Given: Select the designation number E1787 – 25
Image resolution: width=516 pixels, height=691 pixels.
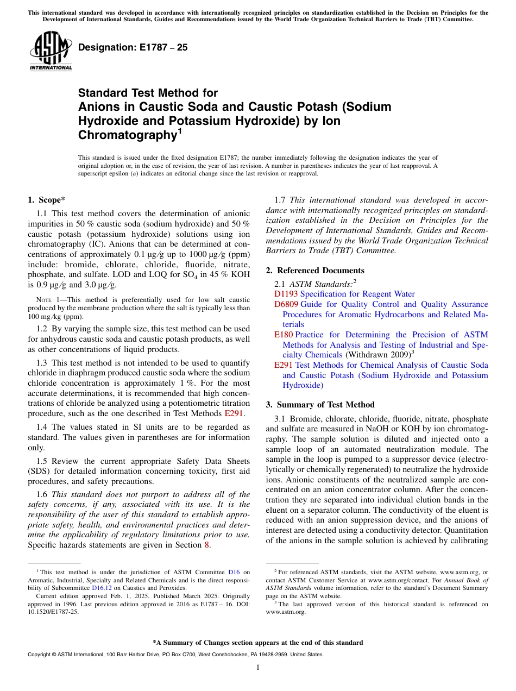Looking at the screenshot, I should [133, 48].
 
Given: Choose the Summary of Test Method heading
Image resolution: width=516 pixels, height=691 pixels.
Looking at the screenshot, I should [320, 405].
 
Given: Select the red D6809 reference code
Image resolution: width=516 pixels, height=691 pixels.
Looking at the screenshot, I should [286, 304].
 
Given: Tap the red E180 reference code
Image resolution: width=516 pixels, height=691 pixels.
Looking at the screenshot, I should [284, 335].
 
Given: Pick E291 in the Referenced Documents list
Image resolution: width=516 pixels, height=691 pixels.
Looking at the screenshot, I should [284, 365].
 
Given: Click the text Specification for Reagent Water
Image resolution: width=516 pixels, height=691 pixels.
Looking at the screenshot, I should [357, 294].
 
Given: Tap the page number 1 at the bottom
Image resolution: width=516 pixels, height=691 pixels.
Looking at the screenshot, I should [258, 668].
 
